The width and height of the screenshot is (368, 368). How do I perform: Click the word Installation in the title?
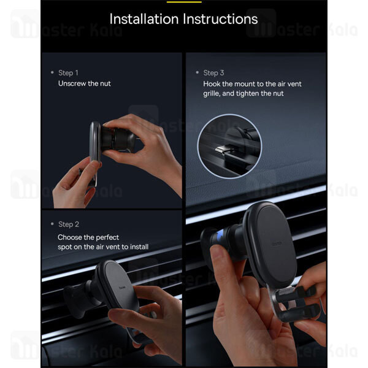[144, 19]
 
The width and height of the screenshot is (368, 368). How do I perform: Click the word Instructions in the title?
[220, 19]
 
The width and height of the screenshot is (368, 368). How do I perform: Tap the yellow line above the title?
[184, 2]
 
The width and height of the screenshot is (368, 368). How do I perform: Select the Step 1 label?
[68, 73]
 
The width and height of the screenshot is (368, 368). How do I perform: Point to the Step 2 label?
[69, 224]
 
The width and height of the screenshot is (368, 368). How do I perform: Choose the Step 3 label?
[213, 73]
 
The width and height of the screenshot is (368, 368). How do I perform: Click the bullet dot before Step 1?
[52, 72]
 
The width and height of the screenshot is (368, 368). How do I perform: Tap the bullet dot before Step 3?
[197, 72]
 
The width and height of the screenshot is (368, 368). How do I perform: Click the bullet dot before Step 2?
[52, 224]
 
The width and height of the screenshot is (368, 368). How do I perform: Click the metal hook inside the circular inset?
[222, 149]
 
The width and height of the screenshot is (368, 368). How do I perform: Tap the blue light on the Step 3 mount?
[220, 236]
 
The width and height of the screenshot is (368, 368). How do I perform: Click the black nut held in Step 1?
[118, 140]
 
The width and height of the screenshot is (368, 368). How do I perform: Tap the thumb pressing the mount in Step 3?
[223, 261]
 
